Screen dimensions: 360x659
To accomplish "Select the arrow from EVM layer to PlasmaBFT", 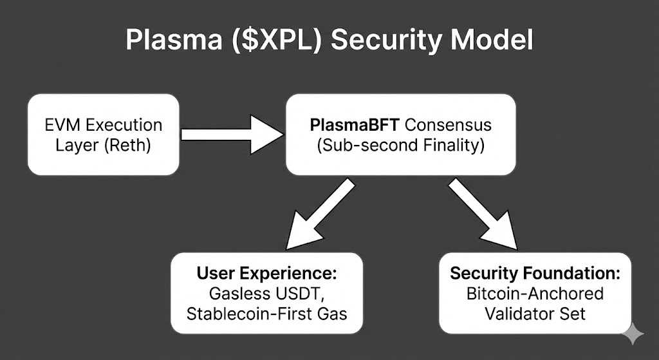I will [x=232, y=135].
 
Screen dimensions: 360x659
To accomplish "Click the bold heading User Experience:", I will [x=266, y=273].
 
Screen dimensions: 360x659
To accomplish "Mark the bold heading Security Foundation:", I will [x=535, y=273].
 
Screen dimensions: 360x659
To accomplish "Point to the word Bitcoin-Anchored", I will [x=535, y=294].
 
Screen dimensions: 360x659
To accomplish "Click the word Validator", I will [x=519, y=314].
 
